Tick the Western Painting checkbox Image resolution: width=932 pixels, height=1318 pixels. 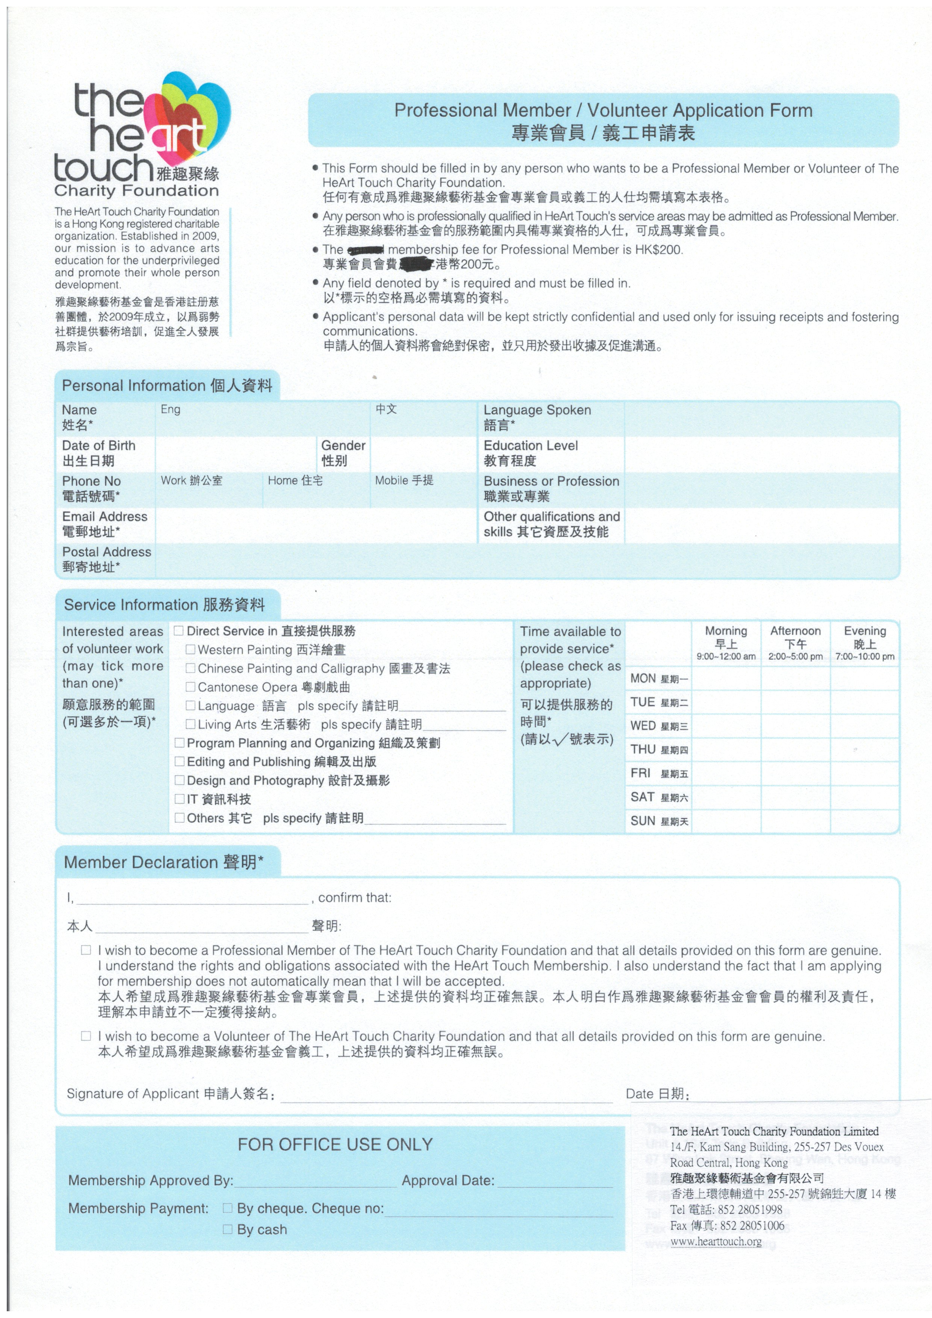pyautogui.click(x=190, y=650)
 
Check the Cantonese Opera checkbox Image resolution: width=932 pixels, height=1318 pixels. pyautogui.click(x=190, y=687)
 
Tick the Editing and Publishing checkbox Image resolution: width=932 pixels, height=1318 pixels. pyautogui.click(x=179, y=762)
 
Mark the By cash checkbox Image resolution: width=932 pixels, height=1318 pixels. pyautogui.click(x=227, y=1229)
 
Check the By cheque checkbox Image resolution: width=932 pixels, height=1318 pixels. pyautogui.click(x=227, y=1208)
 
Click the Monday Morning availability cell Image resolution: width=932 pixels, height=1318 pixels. pyautogui.click(x=726, y=679)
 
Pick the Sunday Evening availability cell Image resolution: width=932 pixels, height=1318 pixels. pyautogui.click(x=864, y=821)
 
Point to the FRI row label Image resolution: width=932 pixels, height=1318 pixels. pyautogui.click(x=640, y=773)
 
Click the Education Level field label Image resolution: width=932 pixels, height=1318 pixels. pyautogui.click(x=531, y=453)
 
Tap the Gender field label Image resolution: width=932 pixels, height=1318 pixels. pyautogui.click(x=343, y=453)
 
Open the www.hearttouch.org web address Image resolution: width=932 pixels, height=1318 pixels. pyautogui.click(x=716, y=1241)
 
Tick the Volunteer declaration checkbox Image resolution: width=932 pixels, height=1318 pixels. pyautogui.click(x=86, y=1036)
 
